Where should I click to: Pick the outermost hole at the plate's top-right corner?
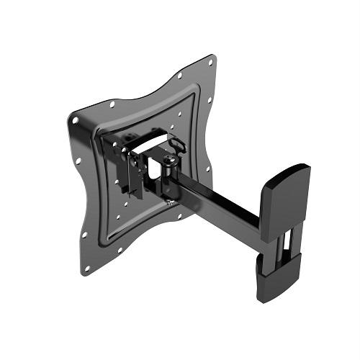(x=210, y=62)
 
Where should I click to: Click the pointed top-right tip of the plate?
(x=213, y=55)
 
